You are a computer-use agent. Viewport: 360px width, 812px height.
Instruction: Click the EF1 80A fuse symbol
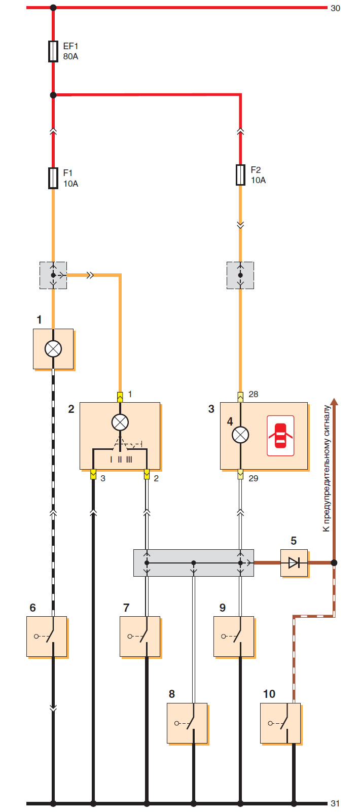[x=53, y=51]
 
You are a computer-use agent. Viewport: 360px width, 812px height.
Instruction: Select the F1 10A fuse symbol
[x=53, y=178]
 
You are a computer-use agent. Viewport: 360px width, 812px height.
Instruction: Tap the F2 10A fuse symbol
[x=241, y=175]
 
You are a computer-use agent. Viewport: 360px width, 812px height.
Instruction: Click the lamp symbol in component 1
[x=53, y=349]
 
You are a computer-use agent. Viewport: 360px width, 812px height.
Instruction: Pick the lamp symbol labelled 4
[x=240, y=435]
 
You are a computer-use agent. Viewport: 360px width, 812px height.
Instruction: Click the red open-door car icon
[x=280, y=436]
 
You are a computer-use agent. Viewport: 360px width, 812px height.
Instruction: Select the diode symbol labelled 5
[x=294, y=562]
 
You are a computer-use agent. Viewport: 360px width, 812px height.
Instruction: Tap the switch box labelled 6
[x=47, y=637]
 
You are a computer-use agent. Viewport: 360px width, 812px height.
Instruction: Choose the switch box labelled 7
[x=140, y=637]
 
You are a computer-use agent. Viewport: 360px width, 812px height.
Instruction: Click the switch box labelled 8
[x=187, y=723]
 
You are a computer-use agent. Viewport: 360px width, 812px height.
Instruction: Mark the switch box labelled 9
[x=234, y=637]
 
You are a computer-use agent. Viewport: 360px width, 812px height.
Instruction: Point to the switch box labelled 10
[x=280, y=723]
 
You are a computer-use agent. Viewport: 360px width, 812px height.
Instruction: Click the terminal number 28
[x=254, y=394]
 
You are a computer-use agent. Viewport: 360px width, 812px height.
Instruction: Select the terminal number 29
[x=254, y=478]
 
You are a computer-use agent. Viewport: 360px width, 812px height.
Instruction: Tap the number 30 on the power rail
[x=335, y=9]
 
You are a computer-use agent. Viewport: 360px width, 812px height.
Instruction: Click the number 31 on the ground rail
[x=335, y=803]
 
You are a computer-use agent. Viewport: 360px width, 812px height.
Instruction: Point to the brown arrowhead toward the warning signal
[x=334, y=403]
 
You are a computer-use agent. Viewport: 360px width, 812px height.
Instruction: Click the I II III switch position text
[x=121, y=460]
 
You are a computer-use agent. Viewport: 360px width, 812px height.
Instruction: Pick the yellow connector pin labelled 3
[x=93, y=474]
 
